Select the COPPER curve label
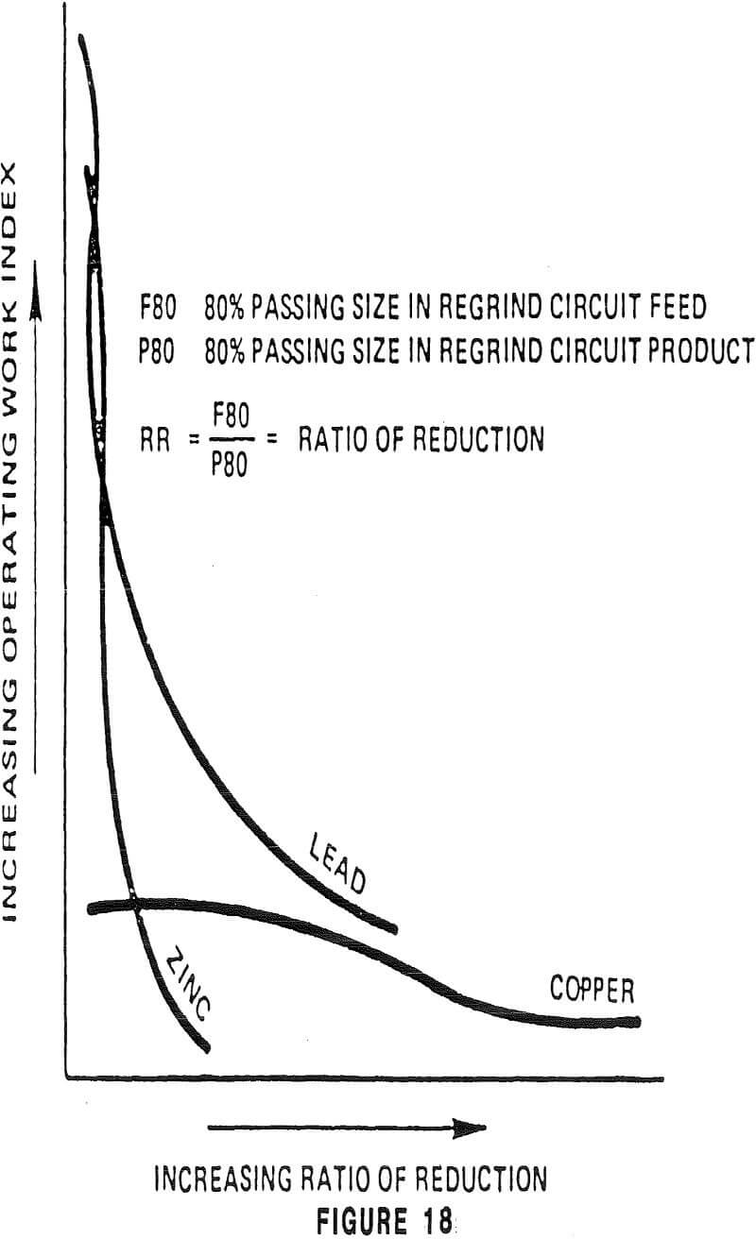tap(593, 990)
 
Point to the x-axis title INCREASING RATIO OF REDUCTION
tap(350, 1180)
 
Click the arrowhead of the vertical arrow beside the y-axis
tap(37, 274)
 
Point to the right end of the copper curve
tap(638, 1021)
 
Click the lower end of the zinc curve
tap(205, 1047)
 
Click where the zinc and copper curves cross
tap(136, 904)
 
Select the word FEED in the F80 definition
tap(672, 310)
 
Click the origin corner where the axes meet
tap(66, 1077)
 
